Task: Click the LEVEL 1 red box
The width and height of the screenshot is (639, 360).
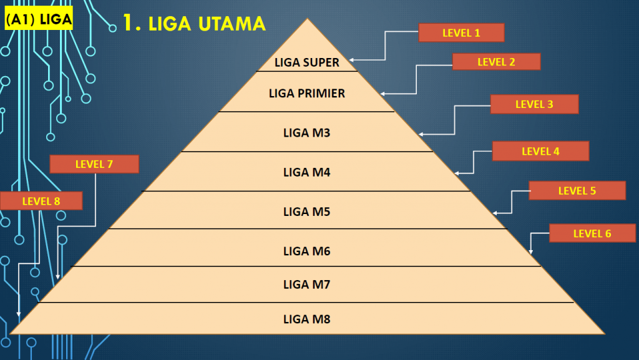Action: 461,33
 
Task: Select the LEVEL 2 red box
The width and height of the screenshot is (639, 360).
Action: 496,62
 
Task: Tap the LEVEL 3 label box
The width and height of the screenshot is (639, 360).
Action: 534,104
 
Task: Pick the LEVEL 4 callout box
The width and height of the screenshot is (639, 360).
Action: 540,151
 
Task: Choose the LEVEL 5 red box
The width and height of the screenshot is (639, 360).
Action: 577,190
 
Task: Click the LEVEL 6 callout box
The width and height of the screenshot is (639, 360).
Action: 592,233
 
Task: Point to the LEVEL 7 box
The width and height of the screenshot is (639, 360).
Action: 94,164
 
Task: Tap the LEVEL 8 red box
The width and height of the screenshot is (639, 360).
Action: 41,201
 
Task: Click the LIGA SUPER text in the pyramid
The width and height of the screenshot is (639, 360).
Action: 307,62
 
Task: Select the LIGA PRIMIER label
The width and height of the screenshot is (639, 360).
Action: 307,94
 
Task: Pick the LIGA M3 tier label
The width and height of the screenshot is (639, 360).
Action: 306,133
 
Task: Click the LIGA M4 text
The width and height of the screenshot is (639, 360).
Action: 306,172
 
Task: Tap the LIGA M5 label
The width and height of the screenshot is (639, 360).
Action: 306,212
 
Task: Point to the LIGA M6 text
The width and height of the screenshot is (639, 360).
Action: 306,251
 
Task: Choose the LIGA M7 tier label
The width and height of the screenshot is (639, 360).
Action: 306,285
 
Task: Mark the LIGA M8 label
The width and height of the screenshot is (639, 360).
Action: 306,319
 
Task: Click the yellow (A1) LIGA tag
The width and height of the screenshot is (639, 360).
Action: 38,19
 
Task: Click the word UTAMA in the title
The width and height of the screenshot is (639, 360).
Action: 233,24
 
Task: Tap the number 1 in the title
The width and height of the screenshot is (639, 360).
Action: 128,23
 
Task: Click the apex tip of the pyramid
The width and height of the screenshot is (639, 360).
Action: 307,19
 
